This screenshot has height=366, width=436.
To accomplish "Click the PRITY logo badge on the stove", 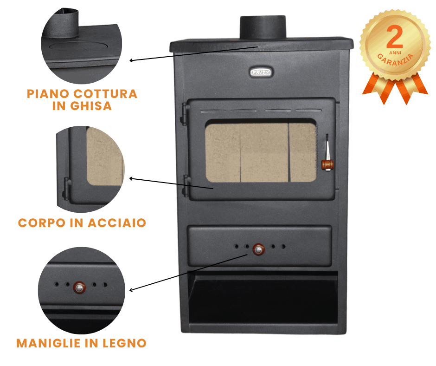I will pyautogui.click(x=261, y=72).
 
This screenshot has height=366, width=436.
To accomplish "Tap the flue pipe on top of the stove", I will pyautogui.click(x=263, y=27).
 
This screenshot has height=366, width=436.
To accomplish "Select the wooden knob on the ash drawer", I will pyautogui.click(x=257, y=250).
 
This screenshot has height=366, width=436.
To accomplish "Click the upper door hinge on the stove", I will pyautogui.click(x=186, y=111).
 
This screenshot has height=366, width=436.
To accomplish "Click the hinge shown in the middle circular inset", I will pyautogui.click(x=66, y=188).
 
